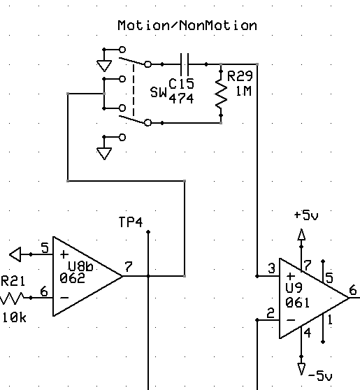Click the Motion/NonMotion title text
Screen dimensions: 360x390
point(187,25)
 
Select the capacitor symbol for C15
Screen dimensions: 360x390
point(184,64)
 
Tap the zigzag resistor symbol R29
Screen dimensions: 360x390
point(221,93)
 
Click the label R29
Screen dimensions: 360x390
point(240,76)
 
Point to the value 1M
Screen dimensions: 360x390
point(243,92)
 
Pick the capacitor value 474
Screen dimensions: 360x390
point(181,99)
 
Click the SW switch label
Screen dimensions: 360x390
point(159,92)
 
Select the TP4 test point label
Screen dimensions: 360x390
point(131,222)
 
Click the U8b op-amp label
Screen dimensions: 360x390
point(80,266)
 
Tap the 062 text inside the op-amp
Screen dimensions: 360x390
point(73,278)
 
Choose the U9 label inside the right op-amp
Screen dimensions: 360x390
point(294,288)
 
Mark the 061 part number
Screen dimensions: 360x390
point(297,303)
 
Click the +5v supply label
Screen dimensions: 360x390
point(306,215)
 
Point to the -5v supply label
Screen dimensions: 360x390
point(320,375)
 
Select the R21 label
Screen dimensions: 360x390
point(13,281)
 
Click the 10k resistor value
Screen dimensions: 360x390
point(14,317)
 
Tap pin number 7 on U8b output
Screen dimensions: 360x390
point(129,267)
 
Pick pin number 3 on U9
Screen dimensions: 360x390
point(272,268)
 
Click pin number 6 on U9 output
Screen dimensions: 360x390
point(353,290)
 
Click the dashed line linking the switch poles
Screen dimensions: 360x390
point(134,89)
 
